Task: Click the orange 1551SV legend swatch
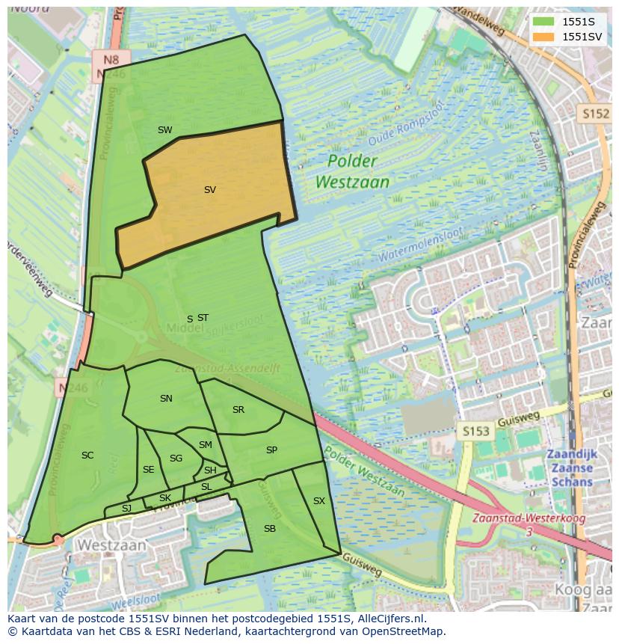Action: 543,37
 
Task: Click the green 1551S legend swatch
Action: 543,22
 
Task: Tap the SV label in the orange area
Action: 210,190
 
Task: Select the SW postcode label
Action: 165,130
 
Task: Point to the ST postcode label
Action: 203,318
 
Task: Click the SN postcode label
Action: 166,399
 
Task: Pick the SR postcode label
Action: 238,410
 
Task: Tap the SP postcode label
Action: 271,450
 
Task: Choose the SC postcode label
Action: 87,456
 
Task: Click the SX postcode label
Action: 319,501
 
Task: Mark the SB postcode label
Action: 270,529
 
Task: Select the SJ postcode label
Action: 126,509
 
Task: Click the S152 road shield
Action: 596,114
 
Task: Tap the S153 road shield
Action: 475,431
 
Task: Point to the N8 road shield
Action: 111,60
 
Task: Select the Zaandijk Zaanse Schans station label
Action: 570,467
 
